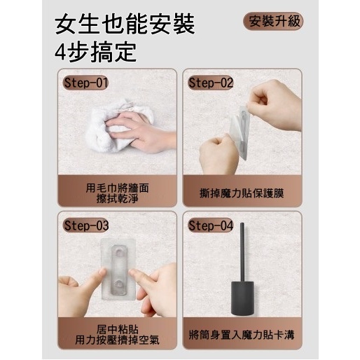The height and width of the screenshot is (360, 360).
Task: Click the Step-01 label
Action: point(85,83)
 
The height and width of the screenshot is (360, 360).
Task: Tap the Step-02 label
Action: point(211,83)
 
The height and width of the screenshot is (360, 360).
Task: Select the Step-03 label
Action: point(86,226)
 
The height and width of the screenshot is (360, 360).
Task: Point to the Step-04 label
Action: point(211,226)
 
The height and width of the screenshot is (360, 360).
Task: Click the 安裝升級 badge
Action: point(273,21)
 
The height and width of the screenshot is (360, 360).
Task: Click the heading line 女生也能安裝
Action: point(125,24)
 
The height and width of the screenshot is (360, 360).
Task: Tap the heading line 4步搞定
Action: point(95,52)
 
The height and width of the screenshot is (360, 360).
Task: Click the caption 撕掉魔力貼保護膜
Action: point(242,193)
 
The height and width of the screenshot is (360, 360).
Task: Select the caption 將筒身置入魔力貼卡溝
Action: point(242,335)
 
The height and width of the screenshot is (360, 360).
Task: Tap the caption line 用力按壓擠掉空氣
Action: point(117,340)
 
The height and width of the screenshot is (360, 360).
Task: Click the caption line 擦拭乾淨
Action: point(117,199)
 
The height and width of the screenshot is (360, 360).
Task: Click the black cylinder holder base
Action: point(242,298)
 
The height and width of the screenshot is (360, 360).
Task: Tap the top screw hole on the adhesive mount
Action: point(119,252)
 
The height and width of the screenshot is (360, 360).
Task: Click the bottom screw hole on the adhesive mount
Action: point(119,284)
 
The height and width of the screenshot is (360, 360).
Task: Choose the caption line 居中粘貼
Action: point(117,329)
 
